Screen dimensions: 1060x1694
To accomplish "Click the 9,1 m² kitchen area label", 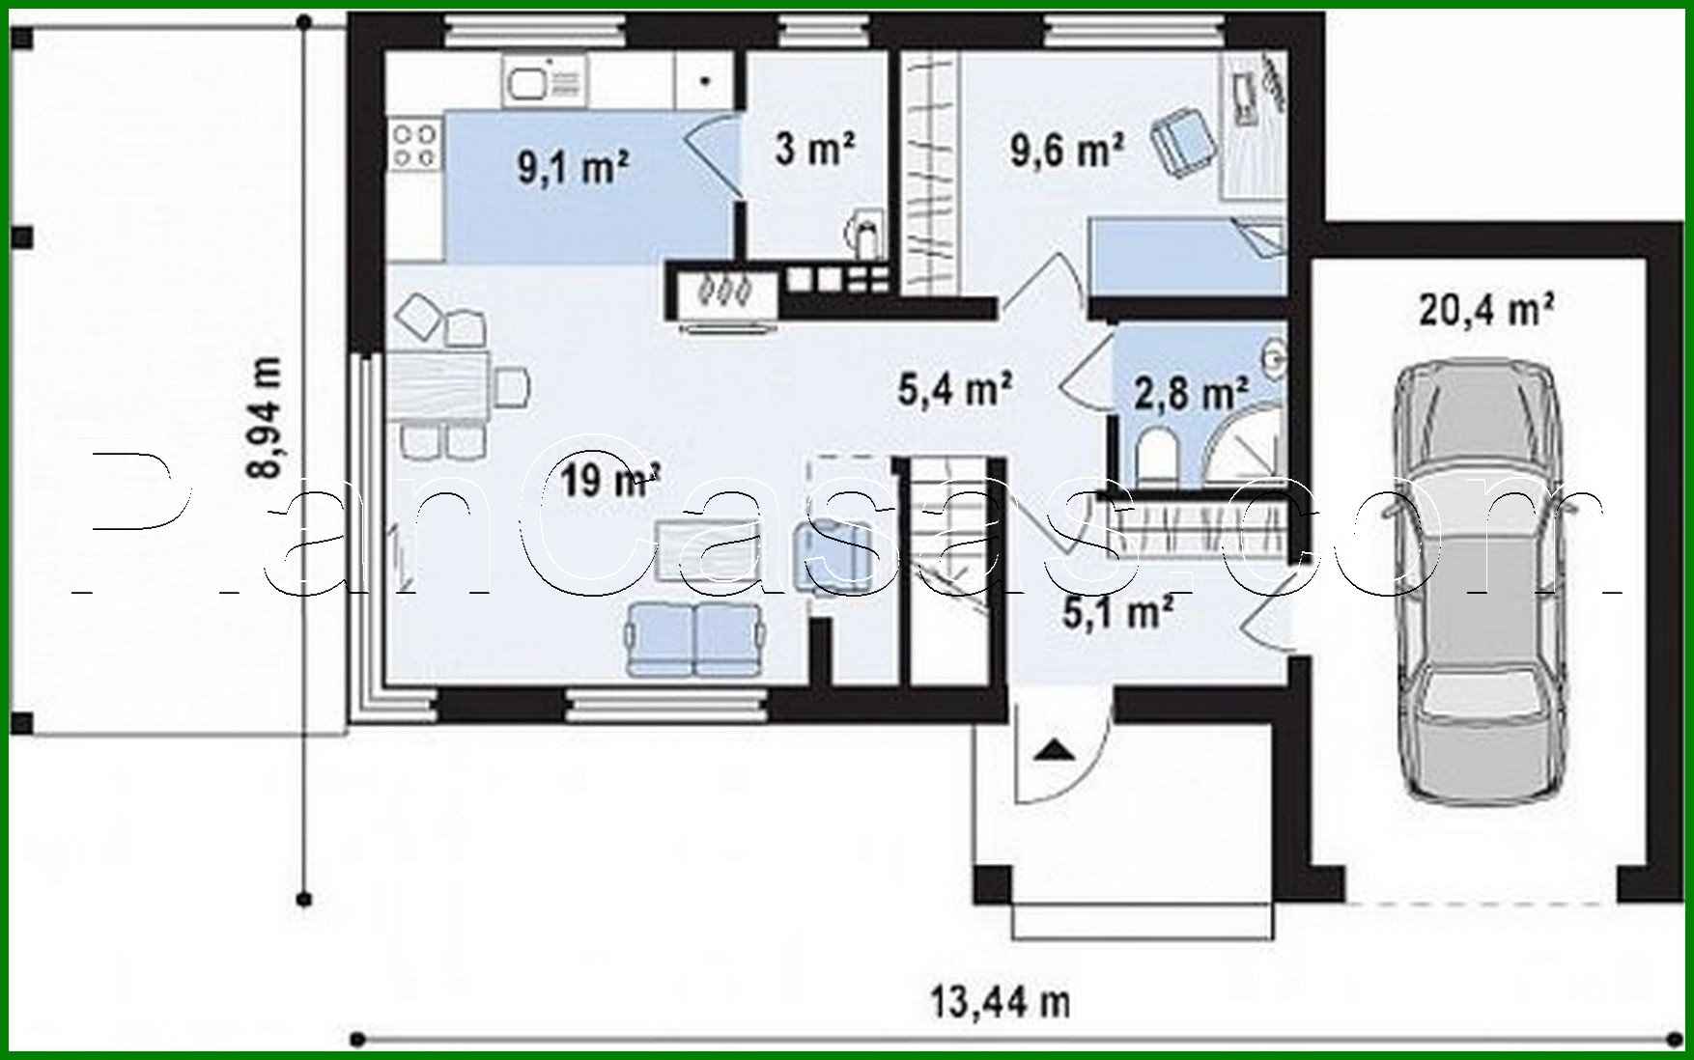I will pyautogui.click(x=574, y=168).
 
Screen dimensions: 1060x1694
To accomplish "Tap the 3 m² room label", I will pyautogui.click(x=814, y=149).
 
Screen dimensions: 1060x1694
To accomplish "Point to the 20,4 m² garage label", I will pyautogui.click(x=1485, y=311).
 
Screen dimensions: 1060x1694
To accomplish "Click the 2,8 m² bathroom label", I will pyautogui.click(x=1190, y=394).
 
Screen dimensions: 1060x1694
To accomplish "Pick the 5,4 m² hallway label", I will pyautogui.click(x=954, y=389).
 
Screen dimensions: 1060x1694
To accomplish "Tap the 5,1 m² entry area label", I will pyautogui.click(x=1117, y=612).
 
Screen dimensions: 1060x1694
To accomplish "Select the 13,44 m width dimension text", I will pyautogui.click(x=1001, y=1002).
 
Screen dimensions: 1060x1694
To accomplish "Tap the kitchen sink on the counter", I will pyautogui.click(x=544, y=81).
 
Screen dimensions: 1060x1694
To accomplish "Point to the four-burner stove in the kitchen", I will pyautogui.click(x=414, y=143).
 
